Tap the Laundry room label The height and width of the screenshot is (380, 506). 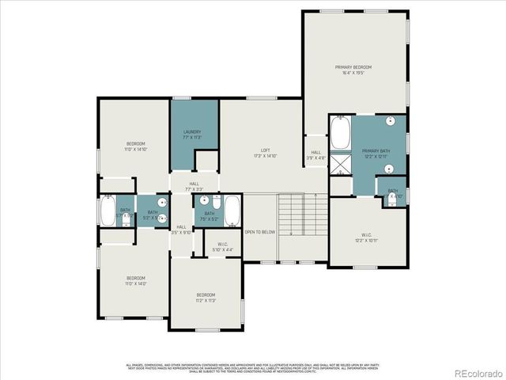point(192,135)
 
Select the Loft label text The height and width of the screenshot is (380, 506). point(266,154)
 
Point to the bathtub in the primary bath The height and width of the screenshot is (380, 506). point(340,133)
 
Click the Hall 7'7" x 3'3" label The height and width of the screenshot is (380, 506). point(194,187)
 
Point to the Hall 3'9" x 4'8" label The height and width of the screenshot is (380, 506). point(315,155)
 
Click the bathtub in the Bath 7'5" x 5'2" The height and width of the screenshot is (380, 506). point(232,211)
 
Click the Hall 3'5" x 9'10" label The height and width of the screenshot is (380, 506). point(181,230)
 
